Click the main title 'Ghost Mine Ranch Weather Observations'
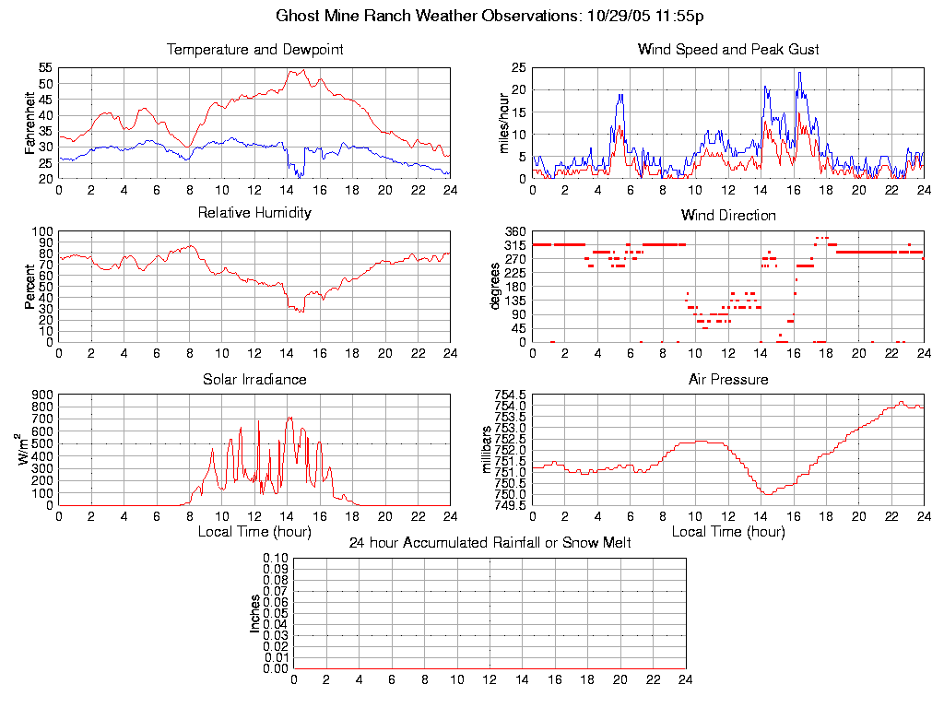coord(490,16)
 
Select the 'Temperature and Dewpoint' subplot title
coord(254,50)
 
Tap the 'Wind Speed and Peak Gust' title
coord(728,50)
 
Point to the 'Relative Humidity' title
coord(254,213)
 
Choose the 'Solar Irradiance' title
coord(254,380)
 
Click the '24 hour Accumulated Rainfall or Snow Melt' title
coord(490,543)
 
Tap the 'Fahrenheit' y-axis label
coord(30,123)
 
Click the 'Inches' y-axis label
coord(255,613)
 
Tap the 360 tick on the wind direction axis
coord(514,231)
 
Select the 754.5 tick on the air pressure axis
coord(510,395)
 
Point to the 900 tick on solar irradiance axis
coord(42,395)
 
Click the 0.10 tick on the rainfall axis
coord(276,559)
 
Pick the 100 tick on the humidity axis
coord(42,231)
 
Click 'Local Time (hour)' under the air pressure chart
coord(728,532)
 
